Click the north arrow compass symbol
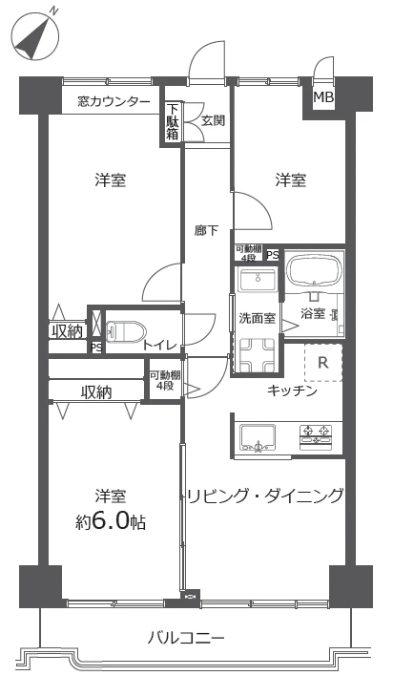(x=35, y=35)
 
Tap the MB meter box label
(x=323, y=97)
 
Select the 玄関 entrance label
(x=213, y=121)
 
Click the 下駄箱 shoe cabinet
(x=173, y=122)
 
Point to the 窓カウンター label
(x=114, y=102)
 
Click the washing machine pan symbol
(x=257, y=355)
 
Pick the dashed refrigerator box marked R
(x=323, y=362)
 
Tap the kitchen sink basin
(x=258, y=437)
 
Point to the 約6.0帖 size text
(x=110, y=521)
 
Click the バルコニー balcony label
(x=186, y=639)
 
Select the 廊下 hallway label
(x=206, y=231)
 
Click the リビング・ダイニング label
(x=264, y=495)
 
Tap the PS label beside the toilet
(x=96, y=348)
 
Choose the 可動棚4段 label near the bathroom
(x=249, y=252)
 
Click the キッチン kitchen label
(x=292, y=391)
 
